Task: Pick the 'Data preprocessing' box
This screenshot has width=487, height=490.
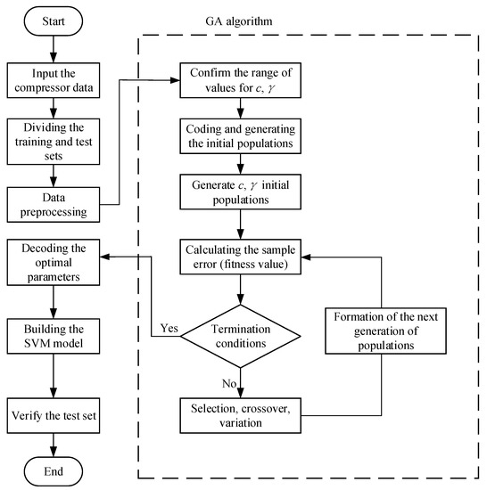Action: [55, 202]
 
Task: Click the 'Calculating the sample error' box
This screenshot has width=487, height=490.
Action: [241, 257]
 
